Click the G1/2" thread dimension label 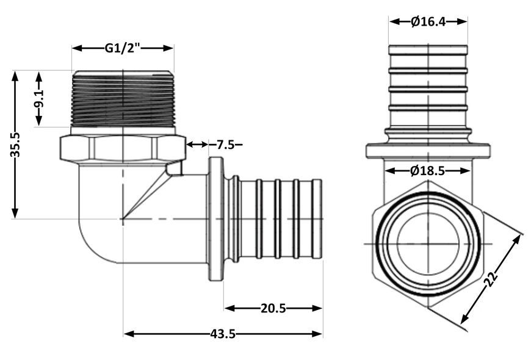pyautogui.click(x=122, y=48)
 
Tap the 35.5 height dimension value pyautogui.click(x=16, y=145)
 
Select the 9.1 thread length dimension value pyautogui.click(x=39, y=99)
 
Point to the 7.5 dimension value pyautogui.click(x=226, y=145)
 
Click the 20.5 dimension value pyautogui.click(x=273, y=308)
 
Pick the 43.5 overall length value pyautogui.click(x=223, y=334)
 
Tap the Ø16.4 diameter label pyautogui.click(x=428, y=22)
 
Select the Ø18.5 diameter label pyautogui.click(x=427, y=171)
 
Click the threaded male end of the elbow pyautogui.click(x=123, y=99)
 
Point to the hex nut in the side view pyautogui.click(x=123, y=148)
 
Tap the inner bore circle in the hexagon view pyautogui.click(x=428, y=243)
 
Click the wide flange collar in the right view pyautogui.click(x=428, y=151)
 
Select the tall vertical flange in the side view pyautogui.click(x=215, y=219)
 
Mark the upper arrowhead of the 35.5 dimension pyautogui.click(x=15, y=76)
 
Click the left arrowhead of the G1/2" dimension pyautogui.click(x=78, y=48)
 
